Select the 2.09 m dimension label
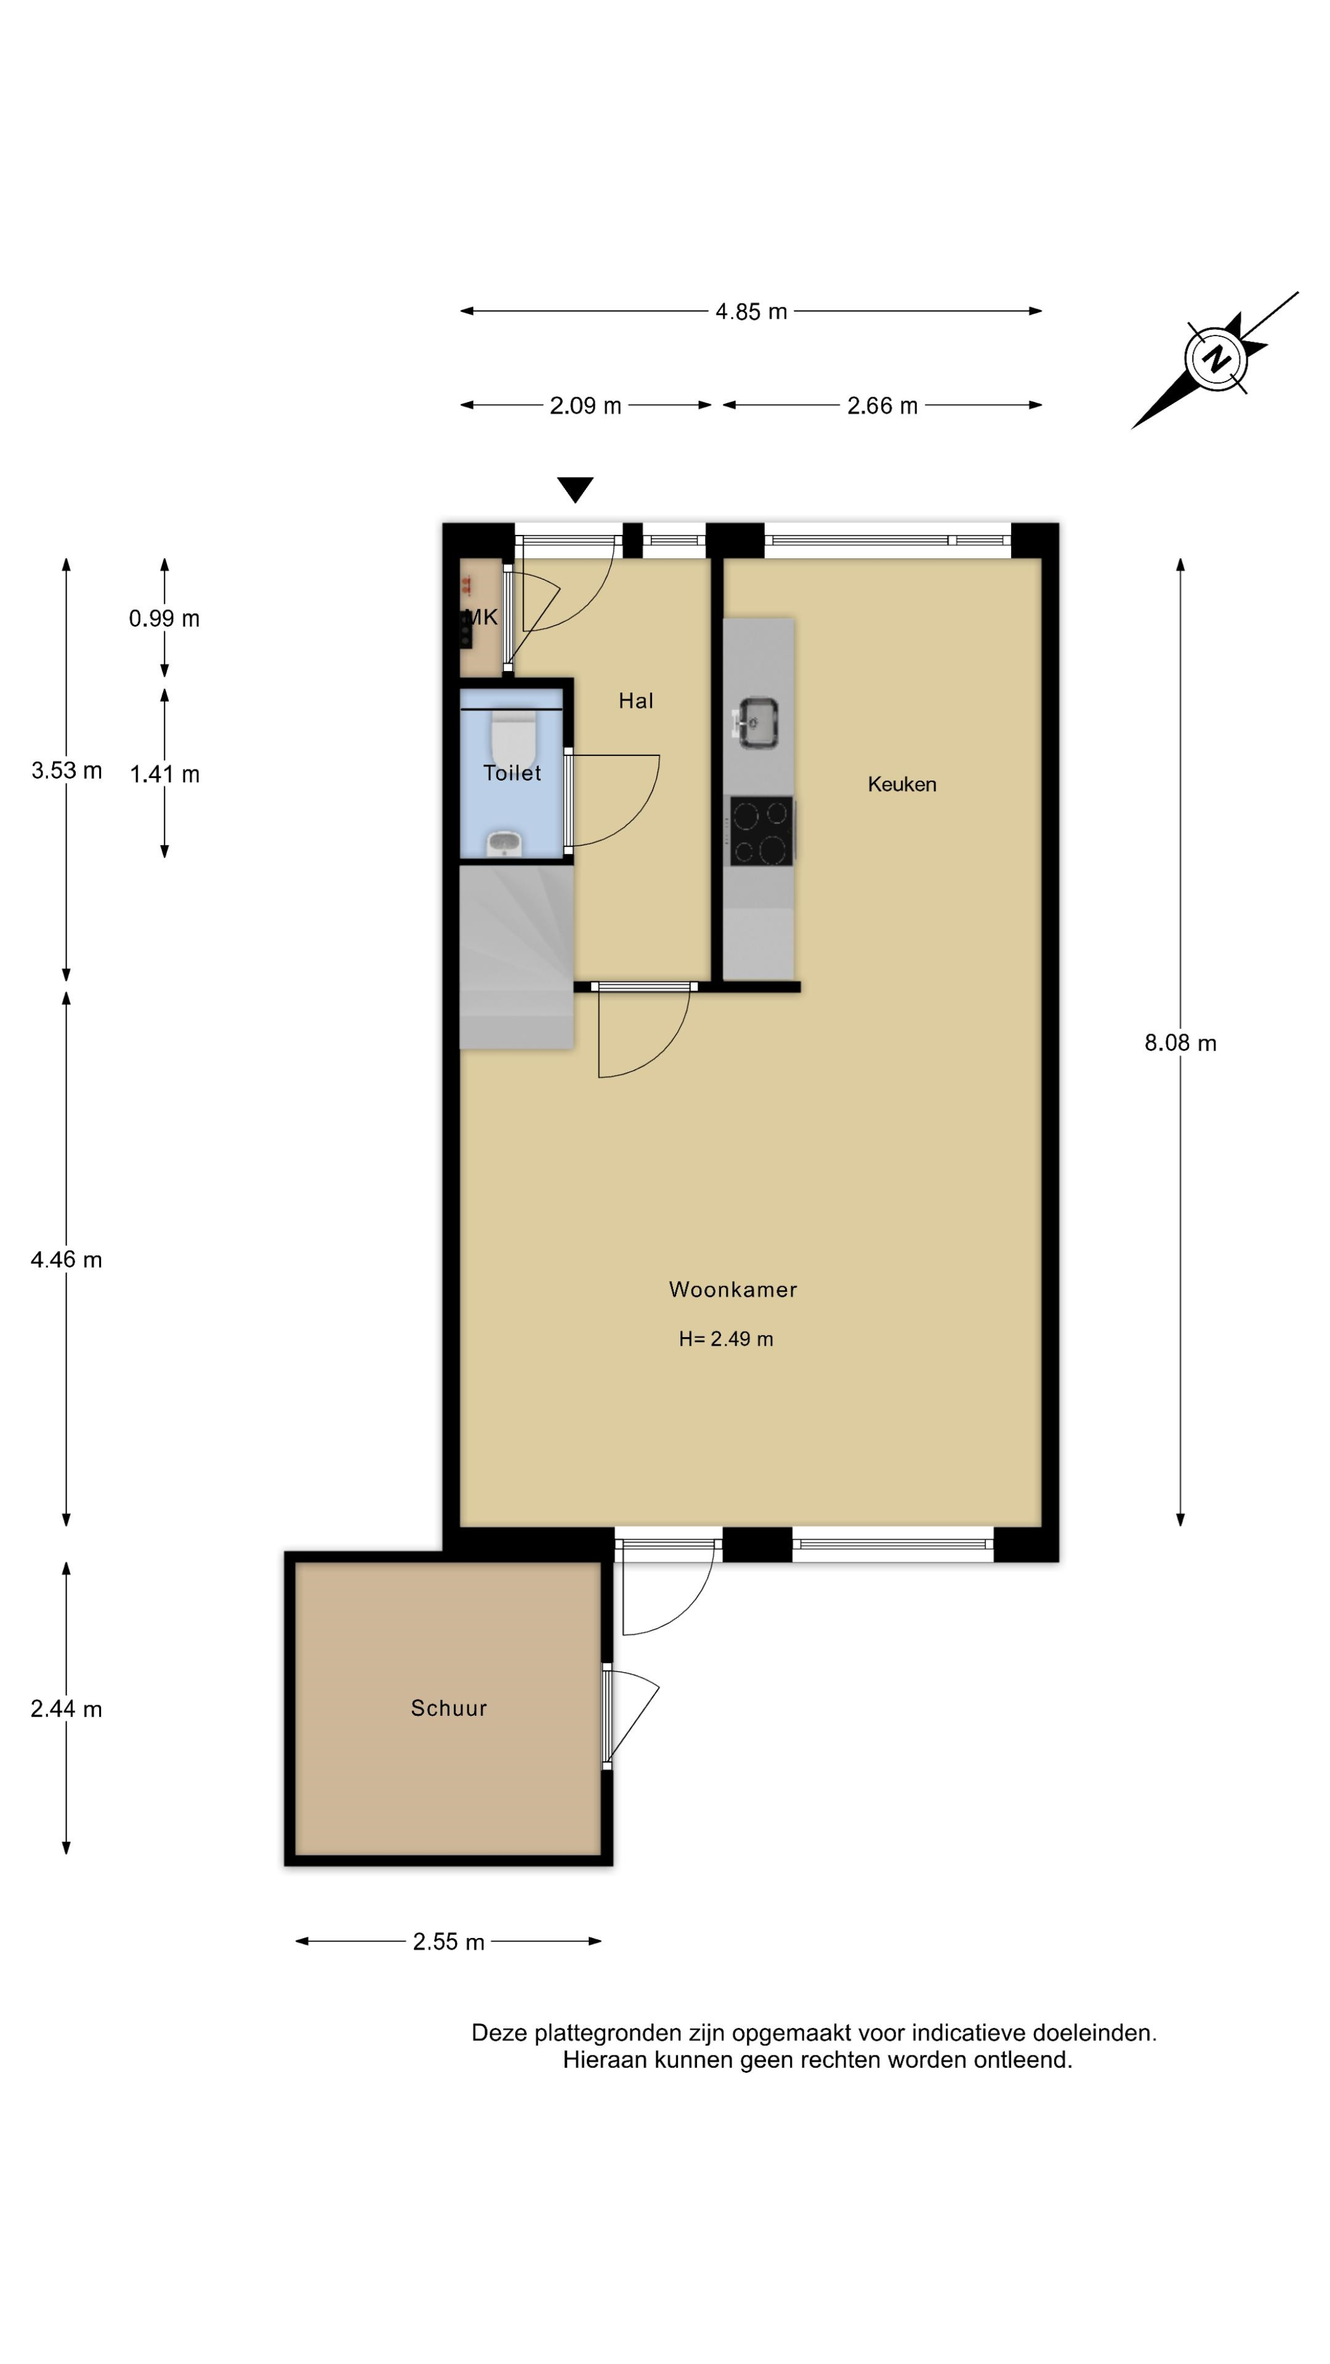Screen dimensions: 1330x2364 click(x=585, y=406)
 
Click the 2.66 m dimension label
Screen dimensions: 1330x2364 click(x=882, y=406)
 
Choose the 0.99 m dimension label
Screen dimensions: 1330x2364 click(x=164, y=619)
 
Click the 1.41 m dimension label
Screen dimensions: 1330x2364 click(x=164, y=774)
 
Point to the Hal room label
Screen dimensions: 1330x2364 click(x=635, y=701)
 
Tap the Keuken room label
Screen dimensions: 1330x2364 click(x=901, y=785)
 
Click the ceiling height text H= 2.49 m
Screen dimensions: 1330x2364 click(x=726, y=1339)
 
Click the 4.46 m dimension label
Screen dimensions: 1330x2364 click(x=66, y=1260)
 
